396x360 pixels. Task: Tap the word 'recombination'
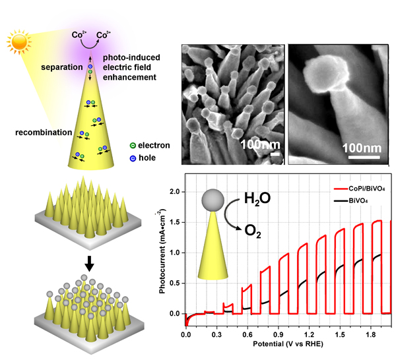(43, 133)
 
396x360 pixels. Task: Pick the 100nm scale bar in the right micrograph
(359, 156)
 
